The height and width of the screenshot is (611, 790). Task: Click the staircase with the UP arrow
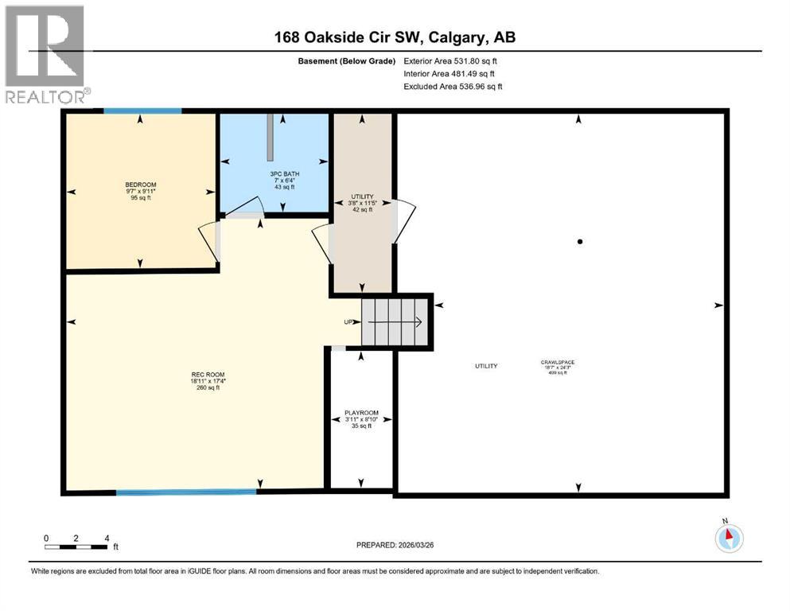pyautogui.click(x=395, y=321)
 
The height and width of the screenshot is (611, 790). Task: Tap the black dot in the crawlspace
pyautogui.click(x=580, y=242)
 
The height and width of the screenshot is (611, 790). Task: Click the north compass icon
pyautogui.click(x=728, y=538)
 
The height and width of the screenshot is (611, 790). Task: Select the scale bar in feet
pyautogui.click(x=76, y=547)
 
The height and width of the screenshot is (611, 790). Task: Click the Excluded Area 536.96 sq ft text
pyautogui.click(x=453, y=86)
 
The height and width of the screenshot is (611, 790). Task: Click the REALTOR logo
pyautogui.click(x=45, y=55)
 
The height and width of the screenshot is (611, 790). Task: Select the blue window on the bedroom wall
pyautogui.click(x=142, y=111)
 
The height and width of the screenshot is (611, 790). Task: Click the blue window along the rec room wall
pyautogui.click(x=186, y=492)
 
